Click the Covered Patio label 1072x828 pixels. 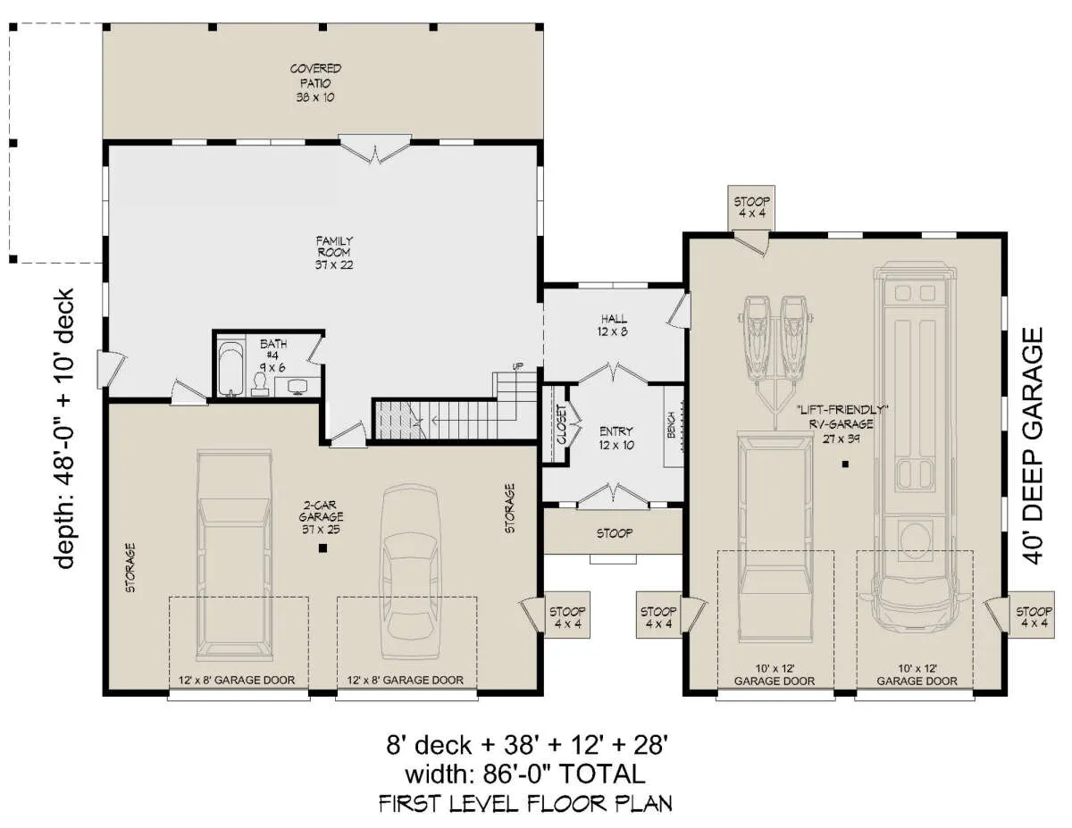315,83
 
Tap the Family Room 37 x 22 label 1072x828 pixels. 334,253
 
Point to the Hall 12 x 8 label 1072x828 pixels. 613,325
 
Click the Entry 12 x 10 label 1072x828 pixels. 616,439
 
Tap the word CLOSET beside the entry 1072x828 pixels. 561,424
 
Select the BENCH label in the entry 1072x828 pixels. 671,425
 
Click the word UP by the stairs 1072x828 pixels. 517,366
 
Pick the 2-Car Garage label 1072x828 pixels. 322,517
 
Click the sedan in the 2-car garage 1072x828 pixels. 410,572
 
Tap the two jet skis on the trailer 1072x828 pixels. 774,340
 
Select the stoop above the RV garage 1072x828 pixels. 751,207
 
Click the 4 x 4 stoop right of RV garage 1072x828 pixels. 1033,617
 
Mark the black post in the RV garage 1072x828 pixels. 845,464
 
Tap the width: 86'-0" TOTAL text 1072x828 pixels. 525,774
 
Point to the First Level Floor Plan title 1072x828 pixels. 525,804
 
